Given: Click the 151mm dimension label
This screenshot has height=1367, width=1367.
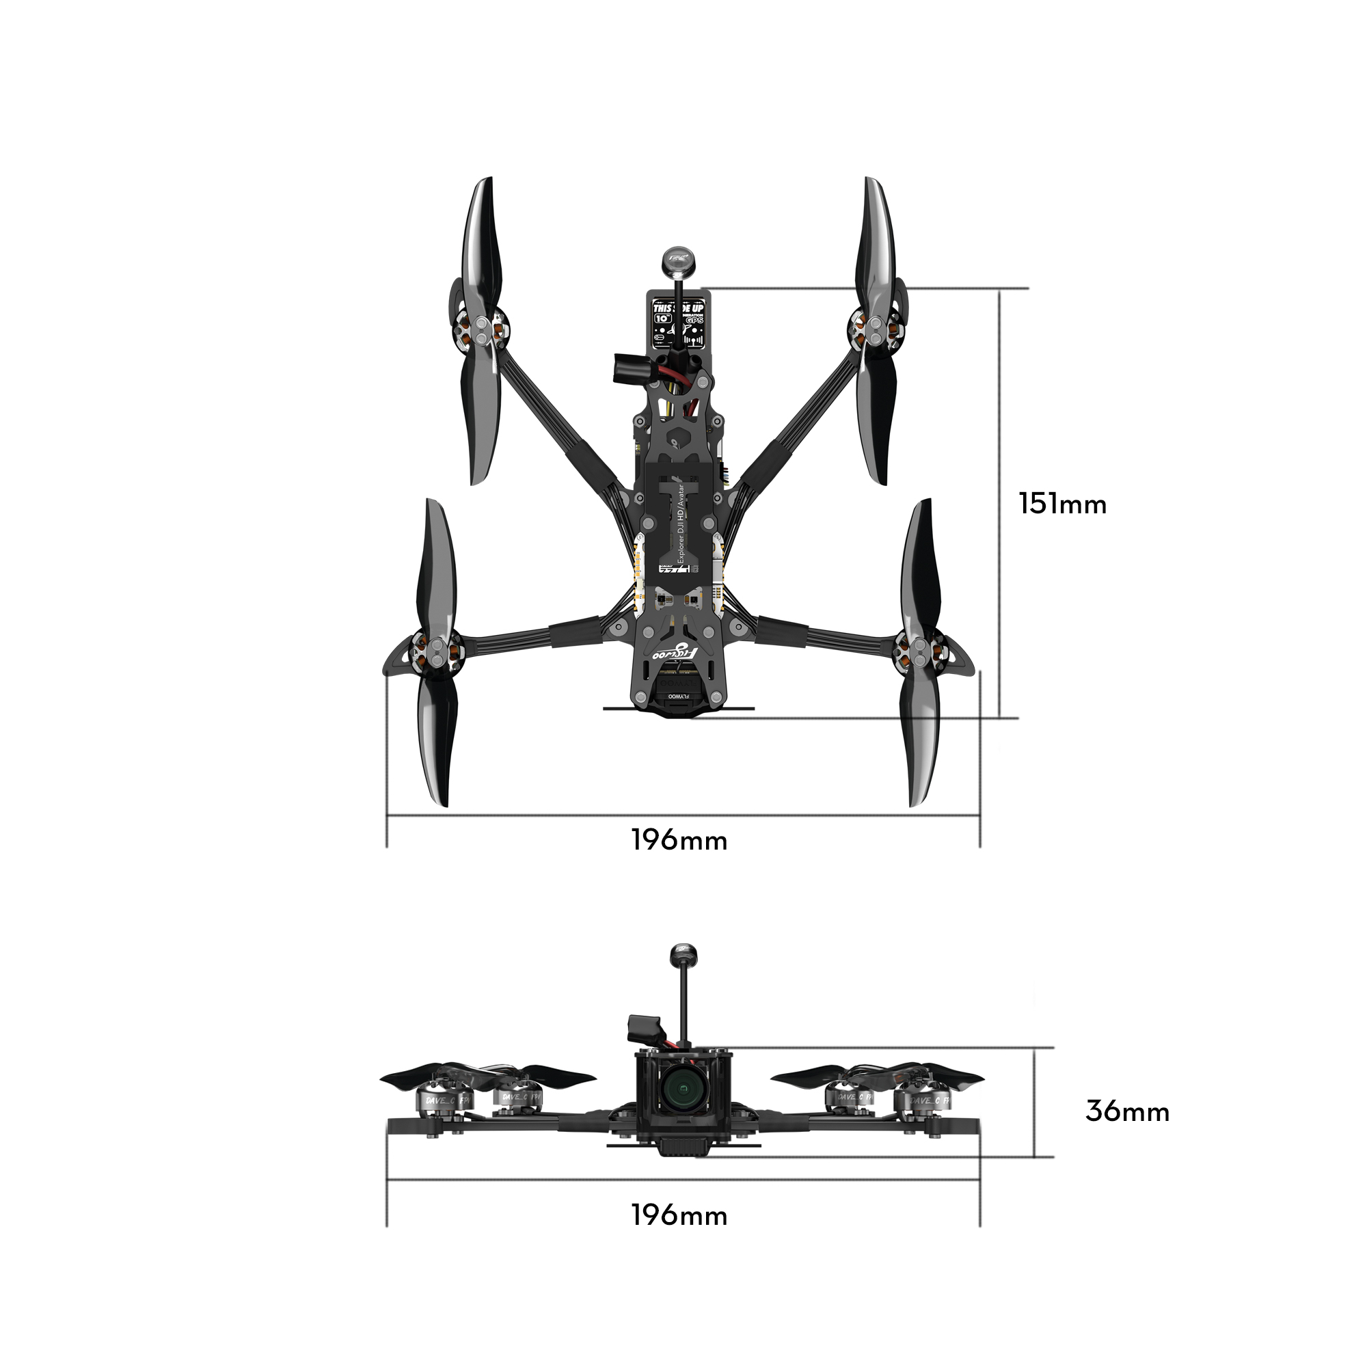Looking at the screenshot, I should pyautogui.click(x=1062, y=504).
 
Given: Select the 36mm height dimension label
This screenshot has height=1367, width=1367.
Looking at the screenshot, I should pyautogui.click(x=1127, y=1111).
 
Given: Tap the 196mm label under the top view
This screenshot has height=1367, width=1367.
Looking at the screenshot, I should pyautogui.click(x=679, y=841).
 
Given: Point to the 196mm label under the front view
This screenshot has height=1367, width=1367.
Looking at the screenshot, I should pyautogui.click(x=679, y=1215).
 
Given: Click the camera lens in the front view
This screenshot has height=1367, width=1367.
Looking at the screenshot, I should pyautogui.click(x=682, y=1094).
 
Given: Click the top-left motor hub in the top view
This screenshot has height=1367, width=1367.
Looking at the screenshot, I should pyautogui.click(x=481, y=330).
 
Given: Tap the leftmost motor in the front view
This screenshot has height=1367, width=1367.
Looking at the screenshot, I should pyautogui.click(x=440, y=1099).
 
